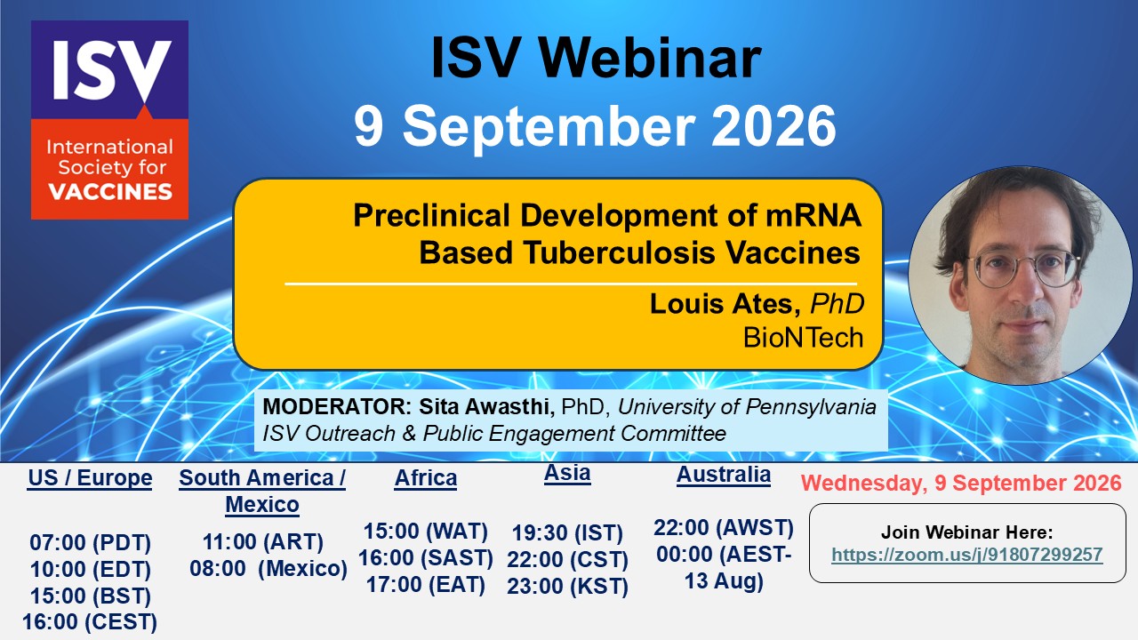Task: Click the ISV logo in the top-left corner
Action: tap(109, 120)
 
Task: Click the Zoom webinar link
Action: tap(966, 554)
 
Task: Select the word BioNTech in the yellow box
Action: tap(803, 337)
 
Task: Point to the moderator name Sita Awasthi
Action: tap(486, 406)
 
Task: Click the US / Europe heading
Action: tap(90, 478)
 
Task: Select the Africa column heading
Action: tap(426, 478)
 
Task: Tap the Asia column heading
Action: tap(567, 473)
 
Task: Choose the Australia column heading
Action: tap(724, 475)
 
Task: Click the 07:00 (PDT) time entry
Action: tap(91, 542)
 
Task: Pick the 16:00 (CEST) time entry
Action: tap(90, 621)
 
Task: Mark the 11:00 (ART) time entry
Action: tap(262, 542)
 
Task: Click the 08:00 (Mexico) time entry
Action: tap(268, 568)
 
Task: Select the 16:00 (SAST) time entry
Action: tap(426, 557)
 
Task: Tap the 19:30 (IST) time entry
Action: tap(567, 532)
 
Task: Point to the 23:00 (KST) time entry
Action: tap(567, 586)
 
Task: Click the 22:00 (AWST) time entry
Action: tap(724, 528)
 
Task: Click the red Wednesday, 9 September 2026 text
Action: tap(961, 483)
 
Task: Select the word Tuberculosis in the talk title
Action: tap(618, 252)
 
